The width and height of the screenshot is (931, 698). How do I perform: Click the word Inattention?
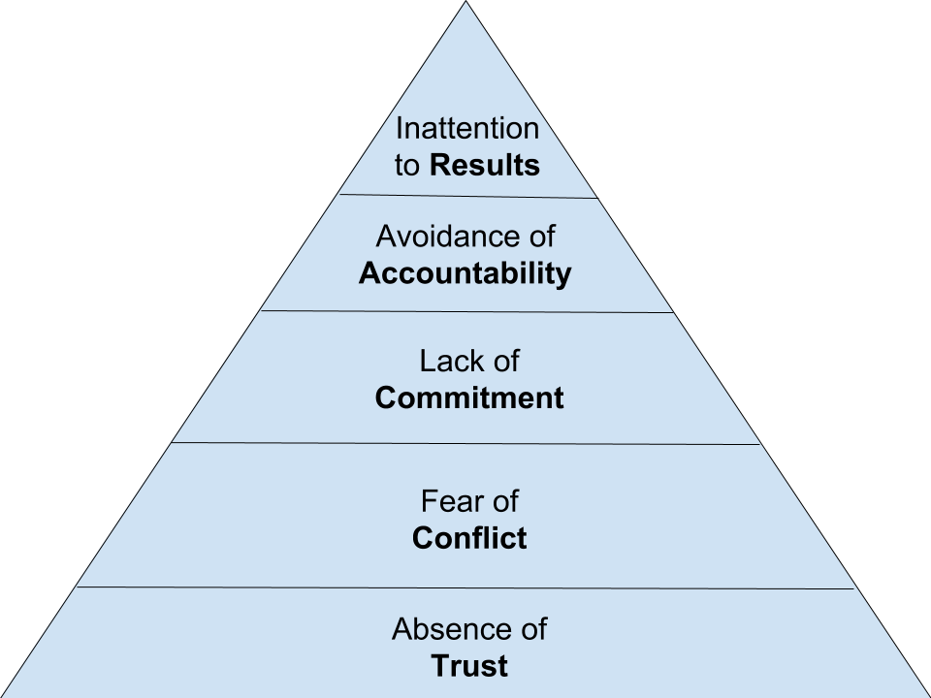[x=466, y=128]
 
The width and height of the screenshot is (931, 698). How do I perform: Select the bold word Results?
[x=484, y=165]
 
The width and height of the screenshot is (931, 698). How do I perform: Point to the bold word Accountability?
[x=465, y=273]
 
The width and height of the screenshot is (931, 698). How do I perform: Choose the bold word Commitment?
[x=469, y=398]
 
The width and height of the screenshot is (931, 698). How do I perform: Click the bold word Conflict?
[x=469, y=538]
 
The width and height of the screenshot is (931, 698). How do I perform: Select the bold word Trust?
[x=469, y=667]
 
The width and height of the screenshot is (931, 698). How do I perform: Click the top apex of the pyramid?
[x=466, y=4]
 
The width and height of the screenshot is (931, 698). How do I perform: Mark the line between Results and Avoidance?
[x=466, y=196]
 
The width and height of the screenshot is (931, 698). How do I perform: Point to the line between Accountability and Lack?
[x=466, y=312]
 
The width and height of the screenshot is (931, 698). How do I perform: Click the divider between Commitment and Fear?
[x=466, y=443]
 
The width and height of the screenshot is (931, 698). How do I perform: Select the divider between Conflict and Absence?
[x=466, y=587]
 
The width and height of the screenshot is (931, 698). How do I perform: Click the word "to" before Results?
[x=406, y=166]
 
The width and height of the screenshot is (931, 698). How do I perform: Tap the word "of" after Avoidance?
[x=539, y=236]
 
